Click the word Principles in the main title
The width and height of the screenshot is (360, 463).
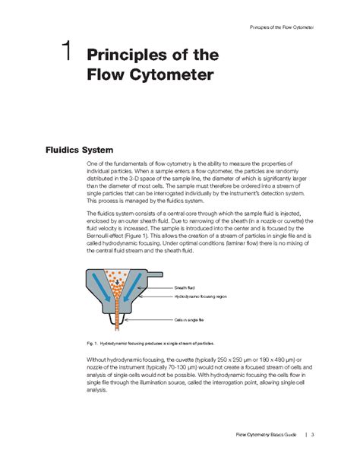pyautogui.click(x=124, y=55)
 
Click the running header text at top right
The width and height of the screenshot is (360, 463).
pyautogui.click(x=284, y=28)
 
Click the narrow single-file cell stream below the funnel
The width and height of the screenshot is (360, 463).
pyautogui.click(x=123, y=319)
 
